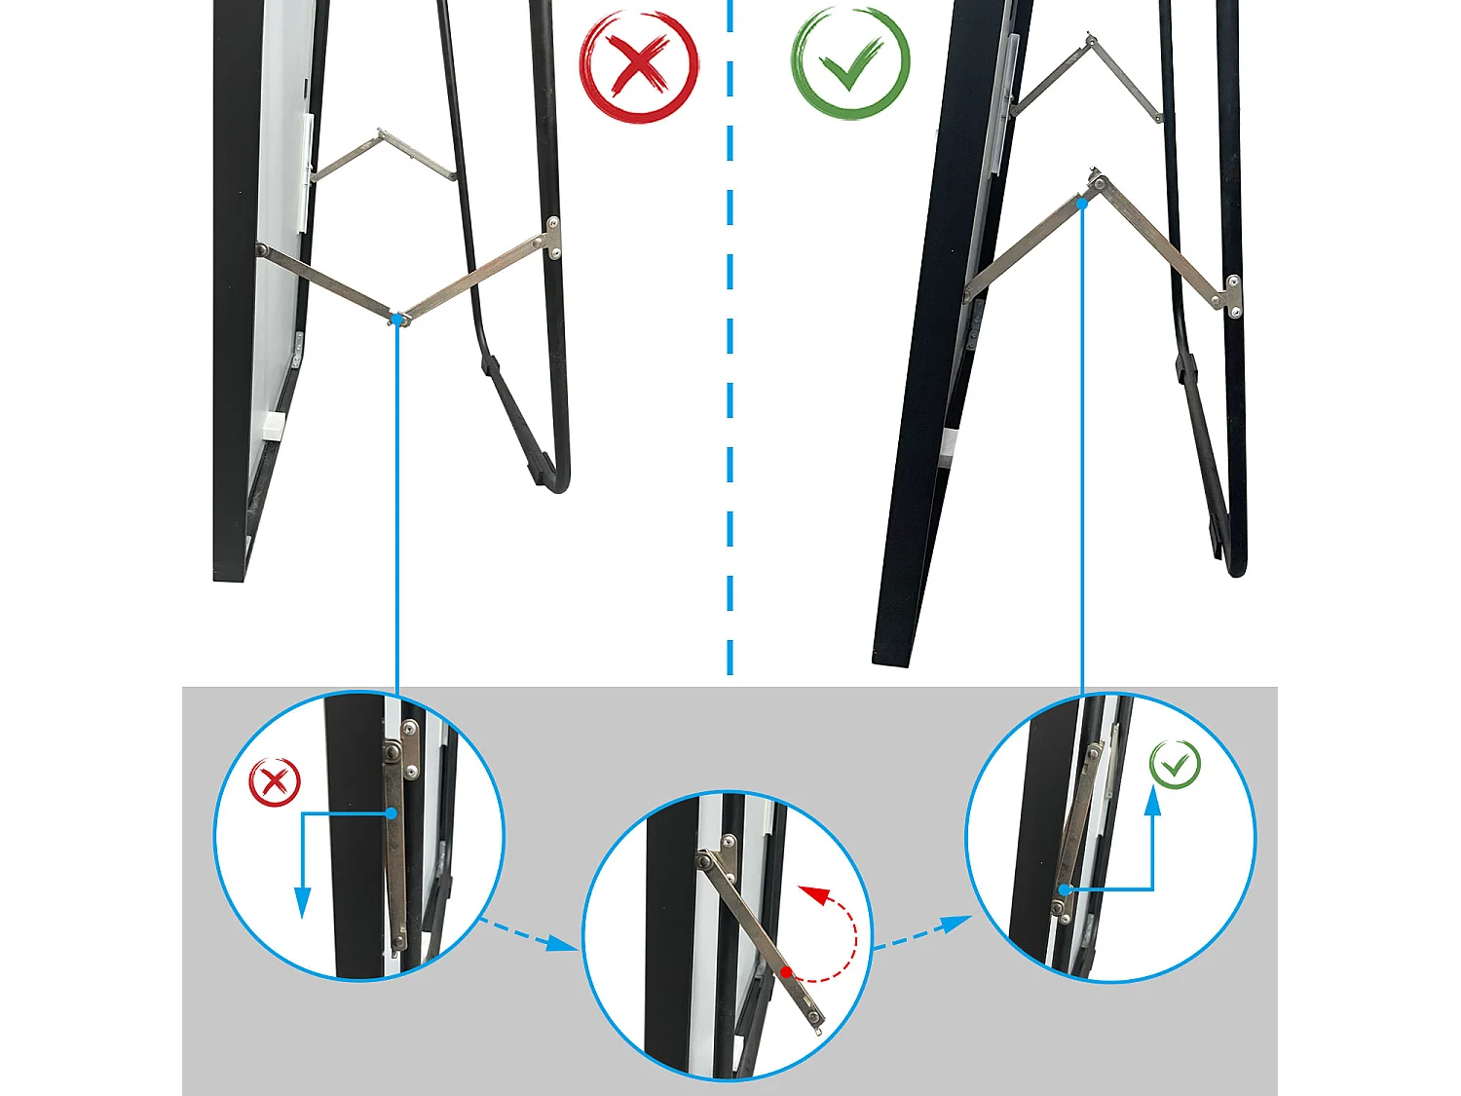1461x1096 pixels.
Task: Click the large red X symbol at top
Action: [x=639, y=65]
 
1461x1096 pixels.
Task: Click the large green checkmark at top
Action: [x=850, y=63]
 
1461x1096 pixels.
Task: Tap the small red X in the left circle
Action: [x=275, y=782]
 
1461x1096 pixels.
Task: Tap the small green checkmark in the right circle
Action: [x=1175, y=765]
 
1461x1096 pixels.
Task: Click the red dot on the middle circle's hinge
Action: [x=786, y=971]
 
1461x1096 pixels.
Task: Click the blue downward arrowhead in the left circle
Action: [x=303, y=903]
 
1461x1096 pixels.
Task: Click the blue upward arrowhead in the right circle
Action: [x=1153, y=802]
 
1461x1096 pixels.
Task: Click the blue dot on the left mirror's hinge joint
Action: [x=397, y=319]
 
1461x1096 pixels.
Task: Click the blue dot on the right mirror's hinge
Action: [x=1082, y=203]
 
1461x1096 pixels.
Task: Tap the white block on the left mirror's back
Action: [x=272, y=424]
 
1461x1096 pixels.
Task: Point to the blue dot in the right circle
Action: [x=1066, y=889]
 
